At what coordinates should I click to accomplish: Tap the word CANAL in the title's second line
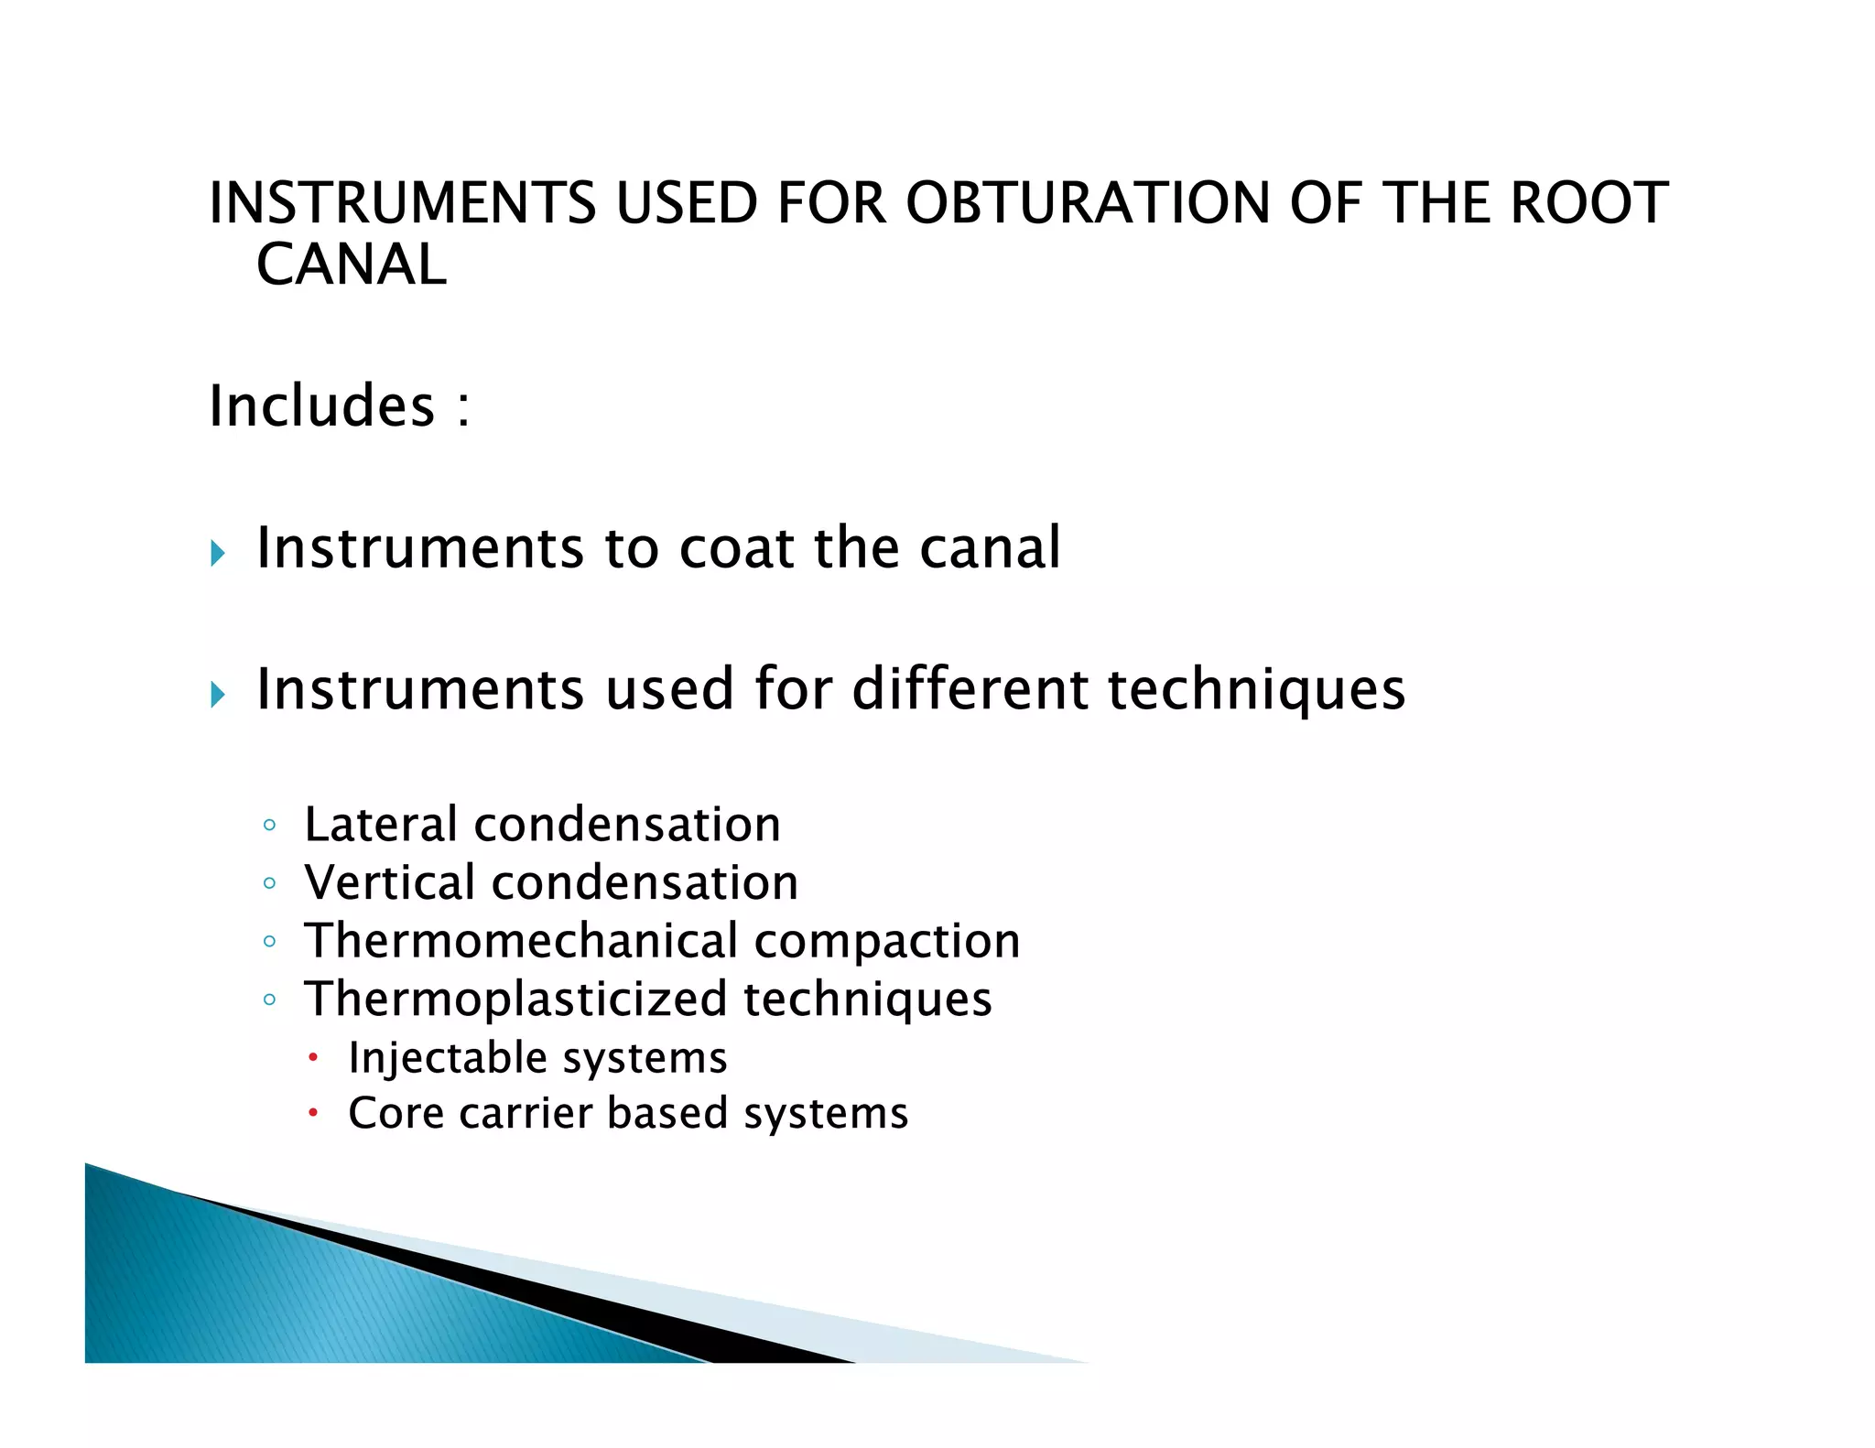click(352, 265)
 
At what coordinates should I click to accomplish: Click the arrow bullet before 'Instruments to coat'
click(217, 553)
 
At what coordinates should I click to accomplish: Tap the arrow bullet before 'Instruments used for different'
click(217, 694)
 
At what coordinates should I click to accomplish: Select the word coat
click(737, 548)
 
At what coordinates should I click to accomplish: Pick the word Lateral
click(380, 824)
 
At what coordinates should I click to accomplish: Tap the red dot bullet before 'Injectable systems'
click(313, 1058)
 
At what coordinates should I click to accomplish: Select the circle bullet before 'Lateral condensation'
click(269, 826)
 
